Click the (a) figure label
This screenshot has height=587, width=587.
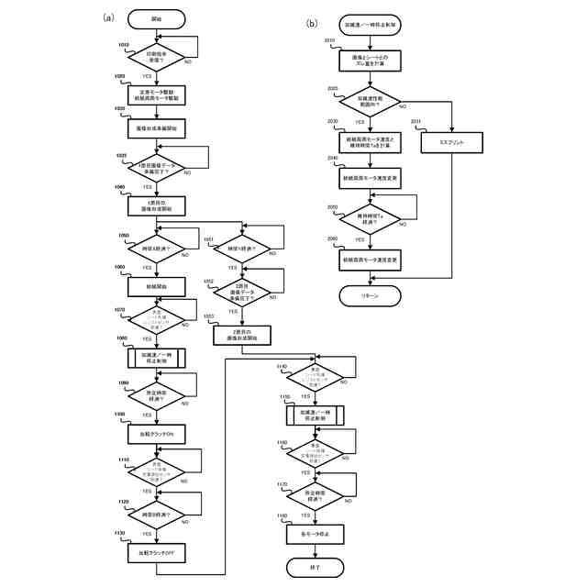[x=108, y=17]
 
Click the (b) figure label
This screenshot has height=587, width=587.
[x=312, y=22]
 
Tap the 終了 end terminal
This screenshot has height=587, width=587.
[x=315, y=569]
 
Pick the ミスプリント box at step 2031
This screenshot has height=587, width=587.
[x=452, y=143]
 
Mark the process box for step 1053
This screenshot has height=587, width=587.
[x=242, y=335]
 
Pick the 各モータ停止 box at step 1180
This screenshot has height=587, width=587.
[x=315, y=533]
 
